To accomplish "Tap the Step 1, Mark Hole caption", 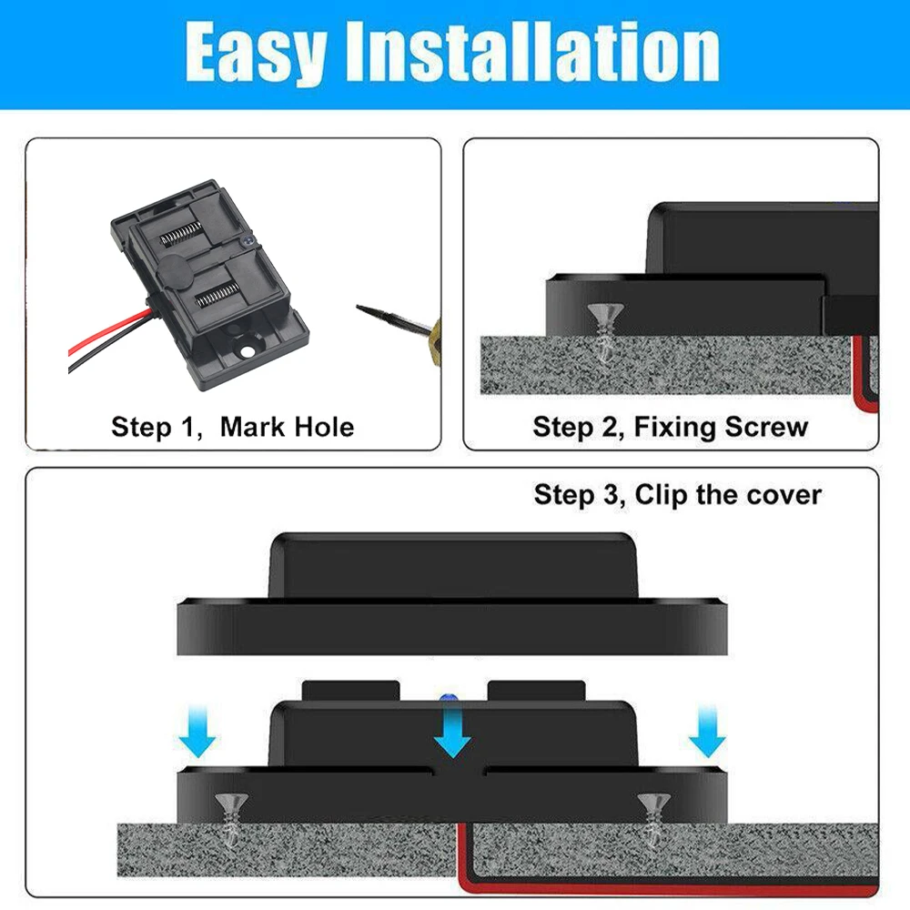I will pos(232,426).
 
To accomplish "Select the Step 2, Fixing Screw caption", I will pos(671,426).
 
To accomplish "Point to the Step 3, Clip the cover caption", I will pos(677,495).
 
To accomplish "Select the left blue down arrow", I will pos(197,735).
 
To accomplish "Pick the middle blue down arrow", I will pos(451,735).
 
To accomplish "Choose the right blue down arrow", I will pos(706,735).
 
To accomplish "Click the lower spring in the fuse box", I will pos(216,294).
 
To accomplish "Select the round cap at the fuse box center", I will pos(173,267).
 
